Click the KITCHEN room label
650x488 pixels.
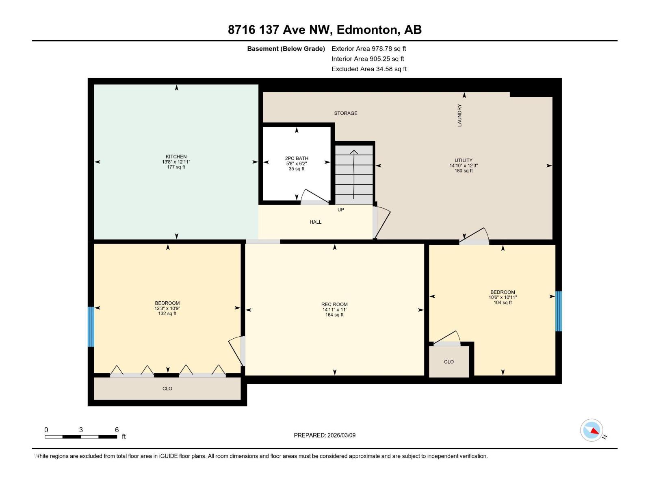(x=176, y=157)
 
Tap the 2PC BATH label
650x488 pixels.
(x=297, y=158)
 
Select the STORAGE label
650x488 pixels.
(x=346, y=113)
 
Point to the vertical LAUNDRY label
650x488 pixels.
(x=460, y=115)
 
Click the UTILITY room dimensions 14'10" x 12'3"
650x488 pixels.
(x=464, y=166)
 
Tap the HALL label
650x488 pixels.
(x=316, y=222)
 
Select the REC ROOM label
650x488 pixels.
(x=334, y=304)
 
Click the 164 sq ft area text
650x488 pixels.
(x=334, y=315)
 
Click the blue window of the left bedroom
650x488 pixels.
(x=91, y=327)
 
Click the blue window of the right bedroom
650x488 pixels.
(x=559, y=311)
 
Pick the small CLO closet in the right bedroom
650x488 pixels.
(x=449, y=362)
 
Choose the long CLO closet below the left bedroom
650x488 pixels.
(x=167, y=388)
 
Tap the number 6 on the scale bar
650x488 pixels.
(x=117, y=430)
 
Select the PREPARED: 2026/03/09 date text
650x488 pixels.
(x=325, y=435)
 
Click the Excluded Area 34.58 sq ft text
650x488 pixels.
(x=369, y=69)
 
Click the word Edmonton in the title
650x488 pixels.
(x=367, y=30)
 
